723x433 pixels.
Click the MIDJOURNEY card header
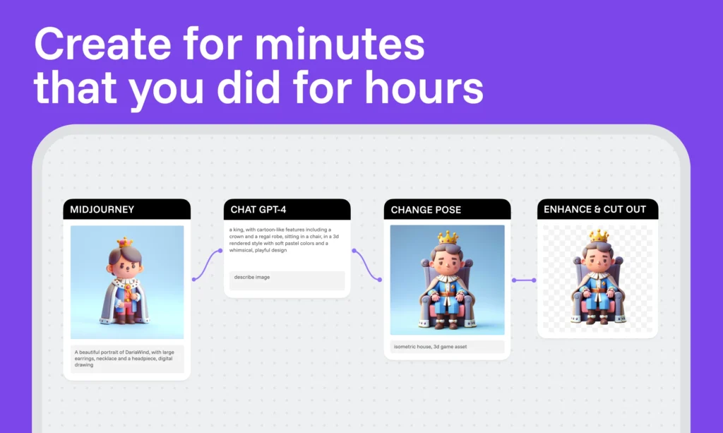pyautogui.click(x=127, y=209)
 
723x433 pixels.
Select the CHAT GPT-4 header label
pyautogui.click(x=258, y=210)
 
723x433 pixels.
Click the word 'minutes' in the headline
pyautogui.click(x=340, y=45)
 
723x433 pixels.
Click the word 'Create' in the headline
pyautogui.click(x=102, y=45)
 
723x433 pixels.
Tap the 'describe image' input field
pyautogui.click(x=287, y=280)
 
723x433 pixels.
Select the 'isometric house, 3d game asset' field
pyautogui.click(x=447, y=347)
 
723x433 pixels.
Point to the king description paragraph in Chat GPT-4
pyautogui.click(x=284, y=239)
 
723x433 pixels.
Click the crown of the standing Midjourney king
pyautogui.click(x=124, y=242)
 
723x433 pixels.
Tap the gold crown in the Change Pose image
pyautogui.click(x=448, y=237)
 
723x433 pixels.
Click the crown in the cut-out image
pyautogui.click(x=599, y=236)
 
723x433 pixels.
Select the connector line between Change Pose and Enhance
pyautogui.click(x=524, y=280)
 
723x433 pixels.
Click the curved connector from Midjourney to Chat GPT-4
pyautogui.click(x=207, y=264)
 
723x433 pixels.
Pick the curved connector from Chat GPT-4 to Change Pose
pyautogui.click(x=366, y=265)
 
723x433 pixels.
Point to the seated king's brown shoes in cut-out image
pyautogui.click(x=598, y=318)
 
